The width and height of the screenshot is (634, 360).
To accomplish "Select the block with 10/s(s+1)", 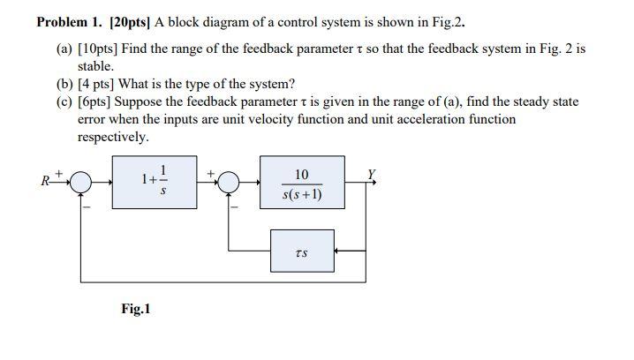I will click(x=303, y=183).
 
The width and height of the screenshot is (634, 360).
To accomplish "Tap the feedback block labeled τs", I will click(x=302, y=251).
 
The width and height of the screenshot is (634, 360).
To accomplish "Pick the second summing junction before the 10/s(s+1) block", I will click(x=229, y=183).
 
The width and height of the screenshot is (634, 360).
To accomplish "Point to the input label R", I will click(x=44, y=183).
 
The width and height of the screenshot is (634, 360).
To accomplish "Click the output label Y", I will click(x=373, y=174).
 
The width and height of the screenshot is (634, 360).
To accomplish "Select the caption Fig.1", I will click(x=136, y=309).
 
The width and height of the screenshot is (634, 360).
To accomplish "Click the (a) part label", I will click(x=64, y=49).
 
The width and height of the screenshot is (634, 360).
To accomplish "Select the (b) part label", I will click(x=64, y=84).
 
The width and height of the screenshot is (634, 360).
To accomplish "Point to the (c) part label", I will click(x=64, y=101).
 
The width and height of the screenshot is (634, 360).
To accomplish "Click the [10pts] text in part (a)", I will click(x=99, y=49).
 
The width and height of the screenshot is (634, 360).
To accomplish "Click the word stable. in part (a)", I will click(x=95, y=66).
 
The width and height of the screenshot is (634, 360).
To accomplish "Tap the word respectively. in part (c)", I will click(x=113, y=137).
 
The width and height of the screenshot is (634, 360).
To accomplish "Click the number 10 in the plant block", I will click(x=303, y=174).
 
